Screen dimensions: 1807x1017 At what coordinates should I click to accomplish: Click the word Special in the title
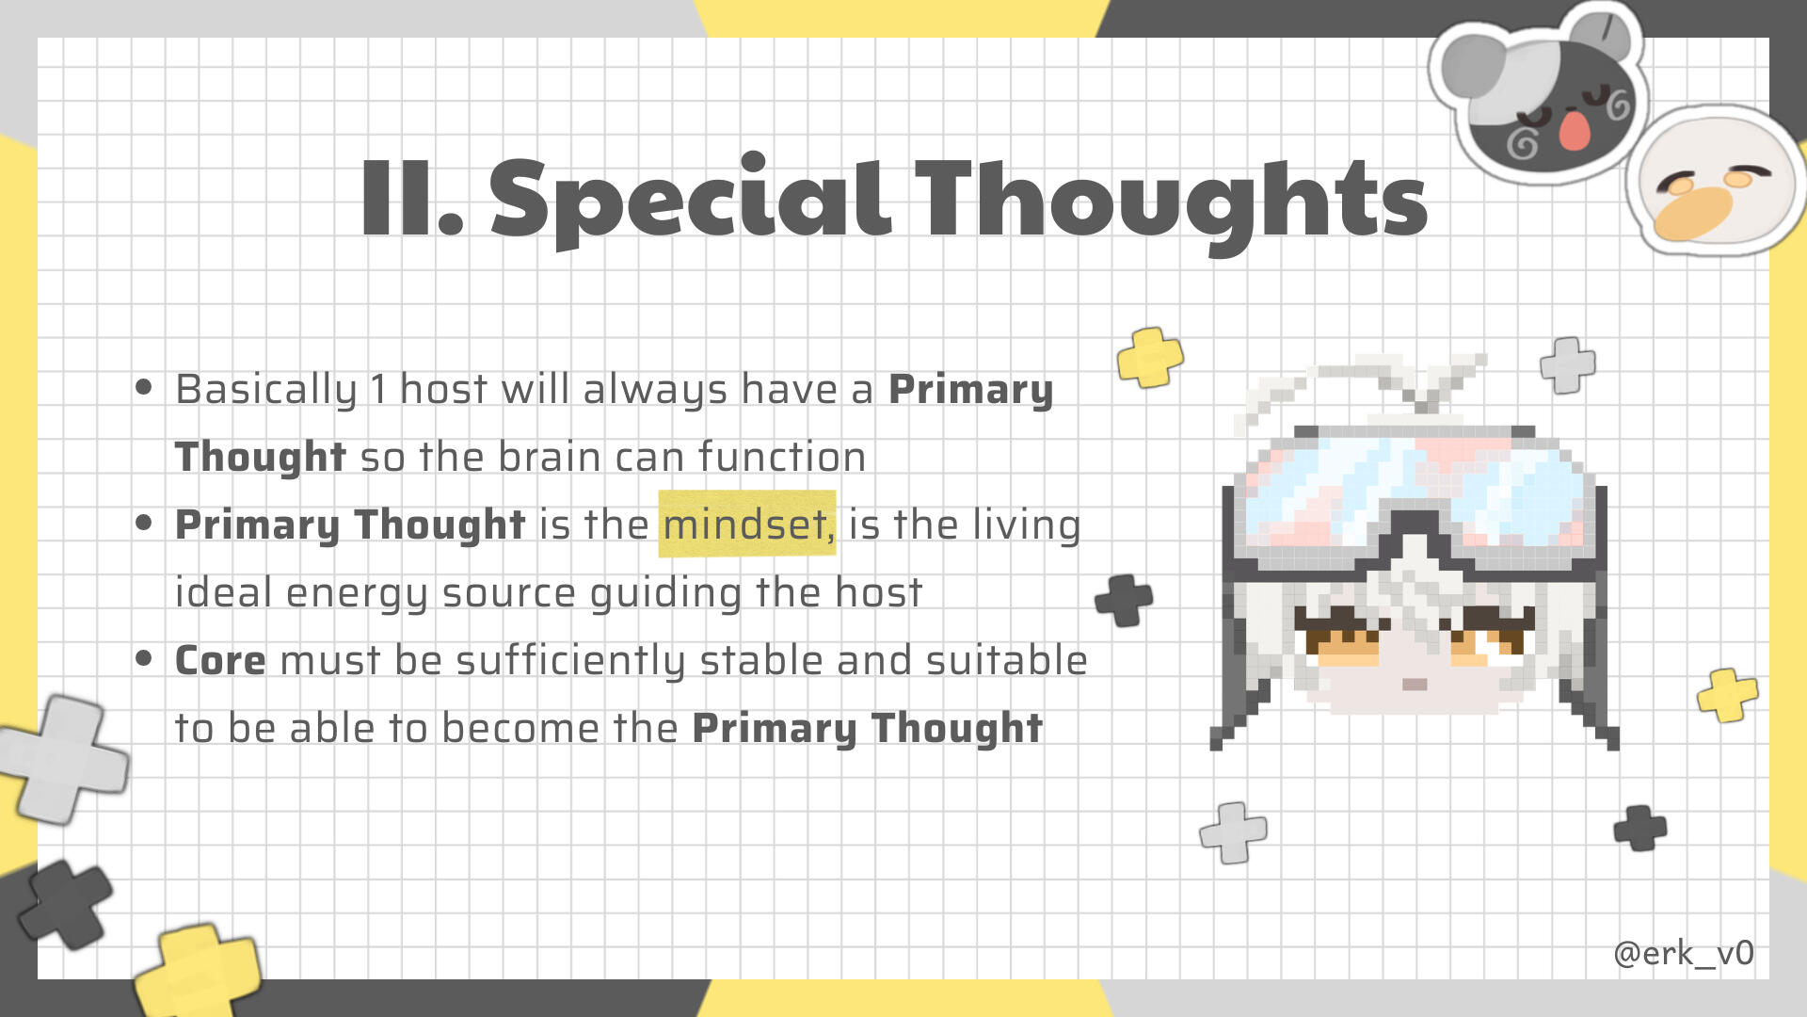point(690,201)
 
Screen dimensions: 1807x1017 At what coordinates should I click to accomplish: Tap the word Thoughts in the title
point(1172,201)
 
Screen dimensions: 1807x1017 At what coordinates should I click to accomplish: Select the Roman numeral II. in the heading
point(412,198)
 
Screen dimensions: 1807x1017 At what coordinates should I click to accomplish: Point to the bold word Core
point(220,660)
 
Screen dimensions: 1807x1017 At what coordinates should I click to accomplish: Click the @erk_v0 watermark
point(1684,953)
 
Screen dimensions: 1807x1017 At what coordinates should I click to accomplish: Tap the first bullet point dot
point(144,387)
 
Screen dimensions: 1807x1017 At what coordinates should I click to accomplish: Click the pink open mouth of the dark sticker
point(1574,129)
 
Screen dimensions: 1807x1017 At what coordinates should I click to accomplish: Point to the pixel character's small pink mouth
point(1415,685)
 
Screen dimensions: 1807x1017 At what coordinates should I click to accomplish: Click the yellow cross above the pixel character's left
point(1150,357)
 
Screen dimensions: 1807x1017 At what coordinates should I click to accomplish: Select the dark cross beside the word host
point(1124,600)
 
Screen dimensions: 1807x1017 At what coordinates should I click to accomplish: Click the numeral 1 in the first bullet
point(378,389)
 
